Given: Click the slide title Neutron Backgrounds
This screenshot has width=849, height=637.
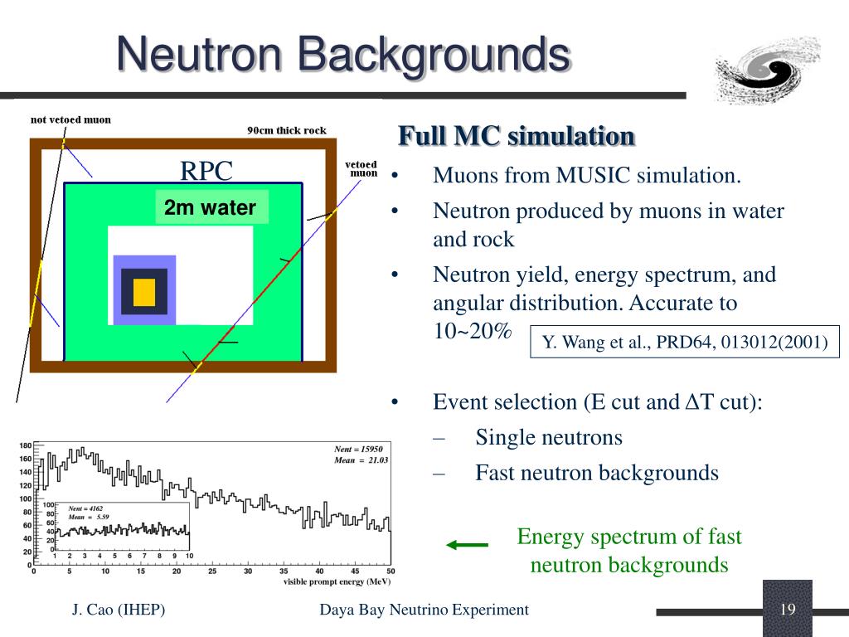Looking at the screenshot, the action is (x=343, y=56).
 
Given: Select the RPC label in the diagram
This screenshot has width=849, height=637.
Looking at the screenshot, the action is (x=206, y=172).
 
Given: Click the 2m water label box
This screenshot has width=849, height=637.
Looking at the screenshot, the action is (x=211, y=207).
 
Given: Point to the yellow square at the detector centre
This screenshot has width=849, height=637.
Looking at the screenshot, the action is (x=144, y=292).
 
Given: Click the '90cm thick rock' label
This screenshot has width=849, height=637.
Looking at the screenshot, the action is (x=287, y=130).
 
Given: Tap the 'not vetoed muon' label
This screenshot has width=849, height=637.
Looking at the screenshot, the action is (x=70, y=119).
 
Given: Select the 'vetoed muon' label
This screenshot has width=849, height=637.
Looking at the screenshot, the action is (x=361, y=169).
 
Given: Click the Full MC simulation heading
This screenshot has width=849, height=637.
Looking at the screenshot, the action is (x=517, y=135).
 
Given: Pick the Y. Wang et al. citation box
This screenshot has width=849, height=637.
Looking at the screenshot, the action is (x=685, y=342).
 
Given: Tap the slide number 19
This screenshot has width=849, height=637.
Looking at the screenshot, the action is (x=787, y=610).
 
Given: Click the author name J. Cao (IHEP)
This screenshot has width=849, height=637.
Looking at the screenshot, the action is (x=119, y=610).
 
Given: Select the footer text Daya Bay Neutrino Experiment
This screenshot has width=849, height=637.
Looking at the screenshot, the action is (x=424, y=610).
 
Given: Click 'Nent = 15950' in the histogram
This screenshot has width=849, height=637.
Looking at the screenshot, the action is (x=358, y=449).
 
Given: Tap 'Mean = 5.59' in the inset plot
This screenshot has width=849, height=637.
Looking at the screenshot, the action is (x=89, y=516).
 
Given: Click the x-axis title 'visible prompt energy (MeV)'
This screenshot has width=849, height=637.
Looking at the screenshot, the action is (x=337, y=581).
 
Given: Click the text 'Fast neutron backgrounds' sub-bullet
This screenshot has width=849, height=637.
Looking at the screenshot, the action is (x=596, y=473).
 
